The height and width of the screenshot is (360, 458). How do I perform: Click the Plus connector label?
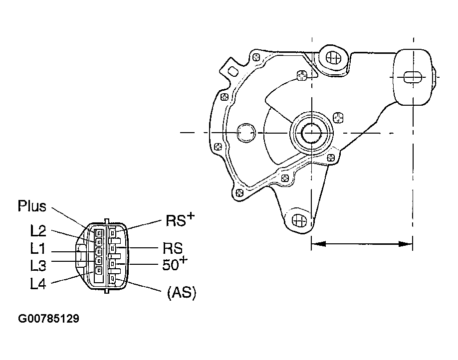pos(32,206)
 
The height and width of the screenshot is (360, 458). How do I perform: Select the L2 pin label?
pos(38,231)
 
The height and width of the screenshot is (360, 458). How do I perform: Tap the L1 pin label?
pos(38,248)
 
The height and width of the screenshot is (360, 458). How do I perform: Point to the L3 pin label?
pos(38,265)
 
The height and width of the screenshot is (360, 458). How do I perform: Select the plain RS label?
pos(173,248)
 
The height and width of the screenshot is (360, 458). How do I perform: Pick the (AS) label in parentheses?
pos(182,292)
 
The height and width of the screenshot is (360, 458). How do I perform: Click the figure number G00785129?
pos(48,318)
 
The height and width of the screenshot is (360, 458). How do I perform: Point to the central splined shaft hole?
pos(312,133)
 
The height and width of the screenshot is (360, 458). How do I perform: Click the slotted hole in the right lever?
pos(413,77)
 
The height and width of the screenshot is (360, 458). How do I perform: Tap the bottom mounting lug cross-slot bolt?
pos(299,220)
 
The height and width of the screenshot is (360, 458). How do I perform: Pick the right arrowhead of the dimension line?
pos(406,243)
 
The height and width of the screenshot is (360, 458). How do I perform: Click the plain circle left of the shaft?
pos(246,133)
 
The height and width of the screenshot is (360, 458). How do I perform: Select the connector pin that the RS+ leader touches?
pos(112,233)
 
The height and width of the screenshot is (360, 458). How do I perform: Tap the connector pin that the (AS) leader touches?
pos(112,279)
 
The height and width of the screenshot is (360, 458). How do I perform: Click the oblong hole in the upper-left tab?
pos(233,71)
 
